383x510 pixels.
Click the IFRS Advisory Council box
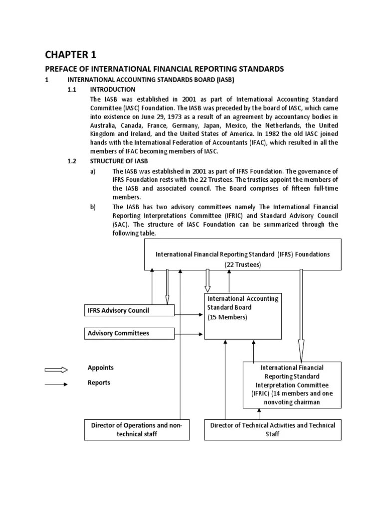[x=129, y=311]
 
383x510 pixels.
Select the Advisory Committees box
[x=129, y=333]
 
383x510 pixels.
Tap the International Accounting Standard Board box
[x=242, y=316]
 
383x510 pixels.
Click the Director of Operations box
[x=137, y=429]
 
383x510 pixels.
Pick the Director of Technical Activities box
[x=273, y=429]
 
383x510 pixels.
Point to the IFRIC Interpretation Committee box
[x=292, y=384]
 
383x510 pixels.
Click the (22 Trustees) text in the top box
[x=242, y=264]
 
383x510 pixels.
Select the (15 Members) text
[x=227, y=317]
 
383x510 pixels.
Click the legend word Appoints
[x=101, y=368]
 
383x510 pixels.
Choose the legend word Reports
[x=99, y=382]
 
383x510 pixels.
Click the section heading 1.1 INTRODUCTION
[x=112, y=90]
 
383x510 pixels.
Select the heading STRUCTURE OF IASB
[x=119, y=161]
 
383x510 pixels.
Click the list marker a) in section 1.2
[x=93, y=171]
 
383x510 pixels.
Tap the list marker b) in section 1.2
[x=93, y=207]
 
